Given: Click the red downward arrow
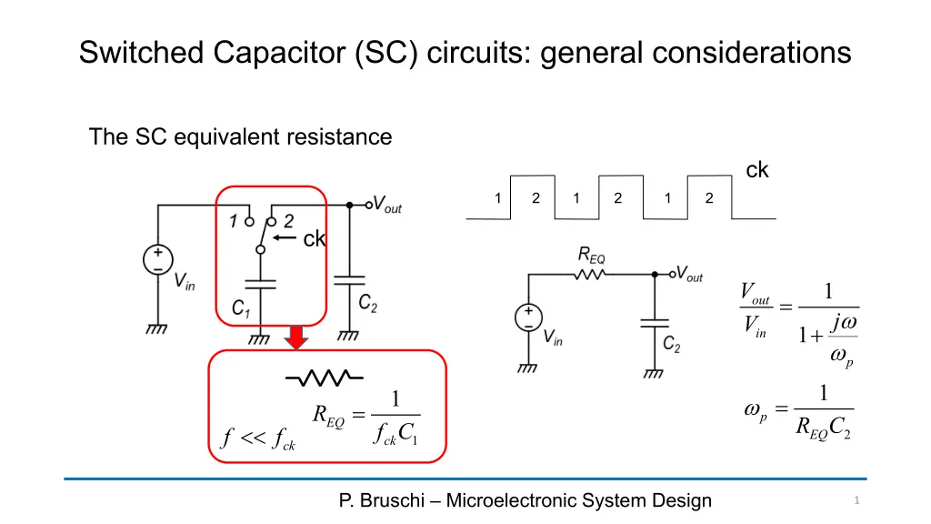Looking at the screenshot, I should (295, 338).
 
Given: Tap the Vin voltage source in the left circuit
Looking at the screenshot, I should (157, 259).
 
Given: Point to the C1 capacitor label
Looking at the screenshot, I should (241, 309).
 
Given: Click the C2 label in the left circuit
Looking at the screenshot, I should (367, 302).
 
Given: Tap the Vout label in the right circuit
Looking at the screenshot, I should (689, 274).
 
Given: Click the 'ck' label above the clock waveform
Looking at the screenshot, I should (757, 170).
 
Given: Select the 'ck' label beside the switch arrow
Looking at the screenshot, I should (315, 239).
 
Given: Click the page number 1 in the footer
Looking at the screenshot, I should (856, 500).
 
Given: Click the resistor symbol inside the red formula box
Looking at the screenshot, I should (325, 377).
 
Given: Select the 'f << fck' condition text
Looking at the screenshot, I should (258, 439).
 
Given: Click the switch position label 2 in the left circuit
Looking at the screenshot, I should (288, 220).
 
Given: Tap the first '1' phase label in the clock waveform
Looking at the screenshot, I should (497, 198).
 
